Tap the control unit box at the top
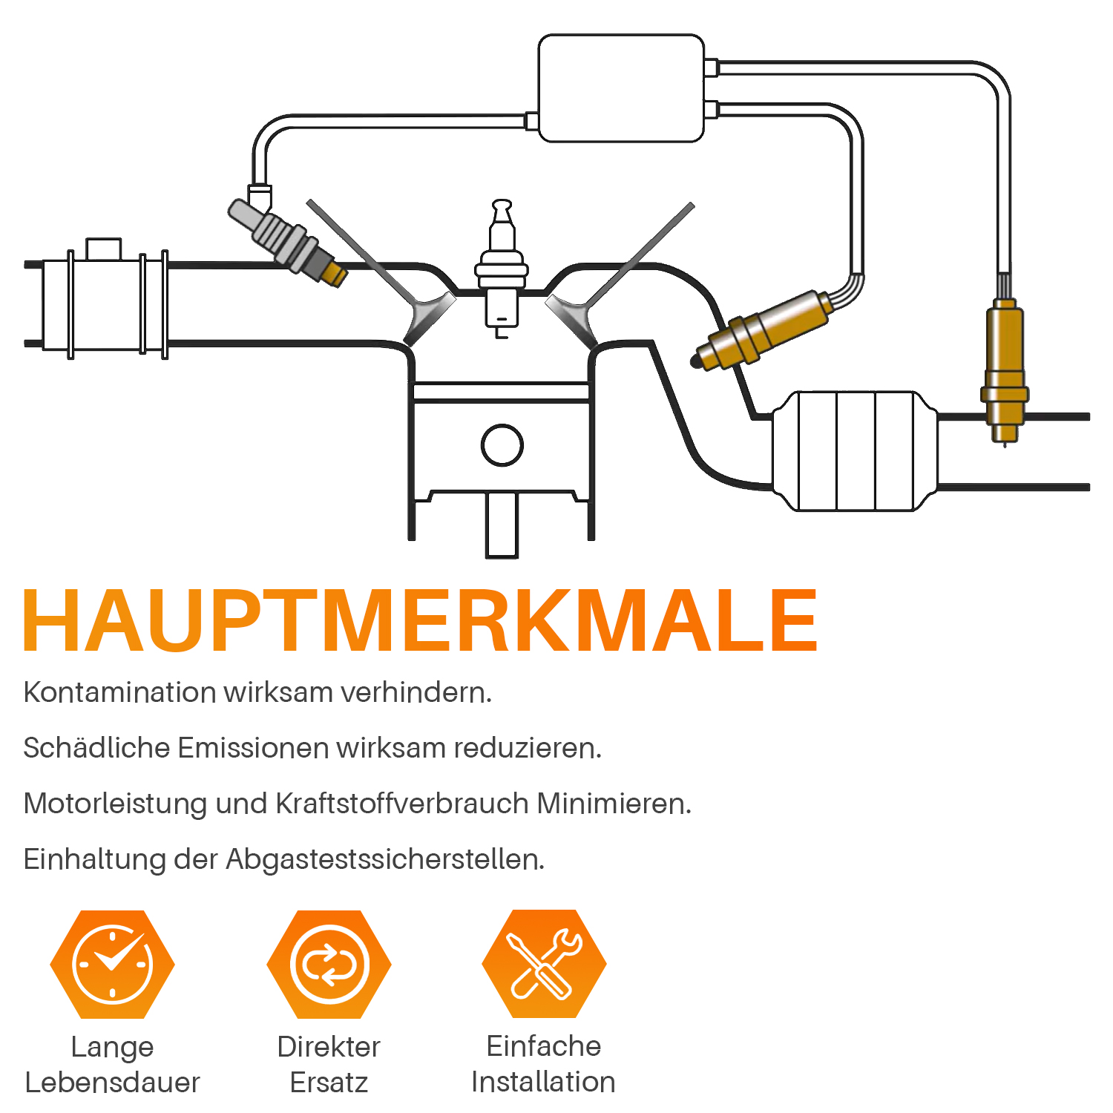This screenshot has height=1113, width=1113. [x=621, y=88]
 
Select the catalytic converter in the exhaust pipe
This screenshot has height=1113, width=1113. [x=855, y=451]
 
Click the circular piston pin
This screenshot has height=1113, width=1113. [x=502, y=444]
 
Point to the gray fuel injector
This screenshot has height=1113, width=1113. [x=287, y=243]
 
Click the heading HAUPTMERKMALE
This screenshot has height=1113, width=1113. [x=421, y=620]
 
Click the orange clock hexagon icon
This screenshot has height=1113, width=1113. [x=112, y=965]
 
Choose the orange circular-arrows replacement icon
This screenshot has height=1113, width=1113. [x=329, y=965]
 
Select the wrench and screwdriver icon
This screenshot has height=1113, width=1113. [x=544, y=964]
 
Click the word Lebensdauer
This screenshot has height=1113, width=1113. [x=112, y=1083]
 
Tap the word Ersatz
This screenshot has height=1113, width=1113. [x=329, y=1083]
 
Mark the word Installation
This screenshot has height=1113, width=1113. [x=543, y=1082]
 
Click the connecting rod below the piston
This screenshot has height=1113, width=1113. [x=502, y=524]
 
